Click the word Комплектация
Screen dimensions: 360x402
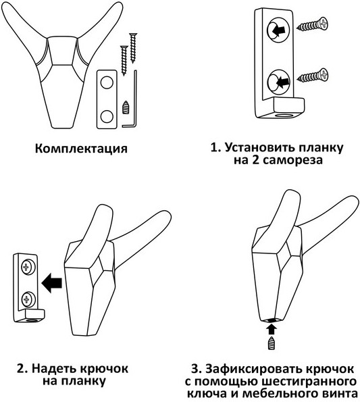[x=81, y=149]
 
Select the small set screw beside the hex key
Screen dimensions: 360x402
[x=126, y=107]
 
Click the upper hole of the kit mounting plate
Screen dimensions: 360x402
[x=107, y=83]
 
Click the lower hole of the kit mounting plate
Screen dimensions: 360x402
[x=107, y=117]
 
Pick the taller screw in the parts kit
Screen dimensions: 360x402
[x=133, y=48]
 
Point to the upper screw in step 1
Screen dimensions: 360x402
[x=312, y=24]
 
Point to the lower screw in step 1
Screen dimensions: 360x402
[x=313, y=76]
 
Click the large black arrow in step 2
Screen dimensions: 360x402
[x=51, y=283]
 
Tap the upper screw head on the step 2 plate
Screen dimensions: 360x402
[x=26, y=268]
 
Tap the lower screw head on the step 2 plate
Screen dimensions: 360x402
[x=26, y=299]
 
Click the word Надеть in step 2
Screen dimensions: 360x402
[x=54, y=370]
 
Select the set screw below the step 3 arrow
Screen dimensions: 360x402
[x=272, y=343]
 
